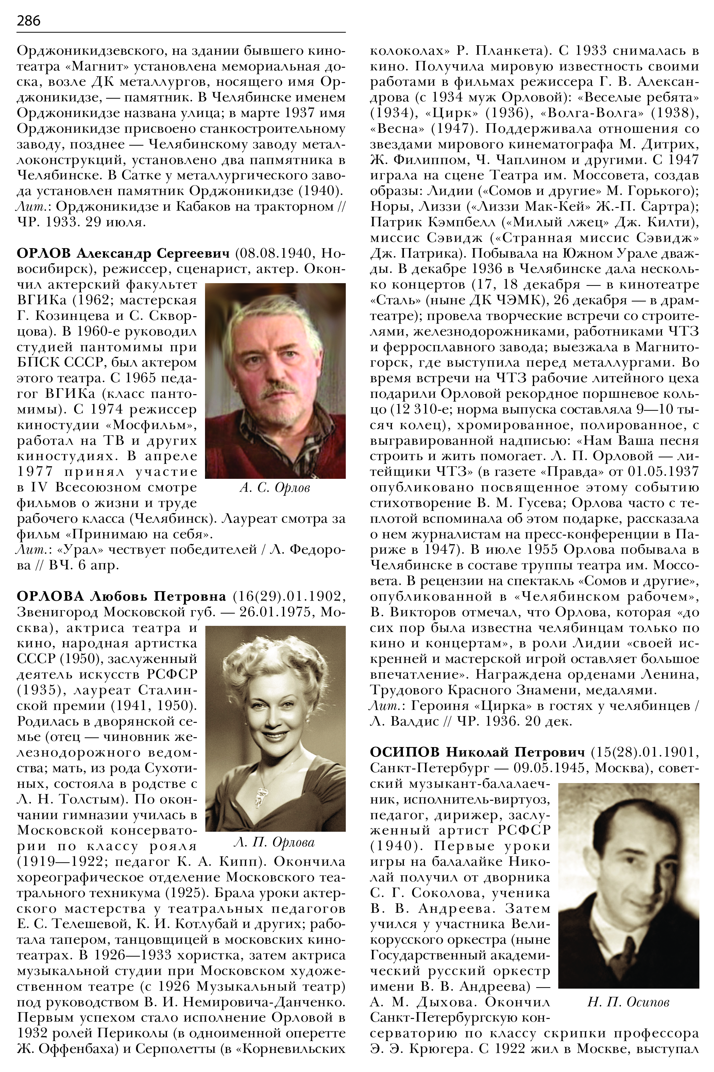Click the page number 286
tap(28, 20)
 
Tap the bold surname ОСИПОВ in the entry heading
tap(404, 751)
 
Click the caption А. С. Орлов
tap(275, 488)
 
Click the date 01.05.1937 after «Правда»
tap(663, 472)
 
